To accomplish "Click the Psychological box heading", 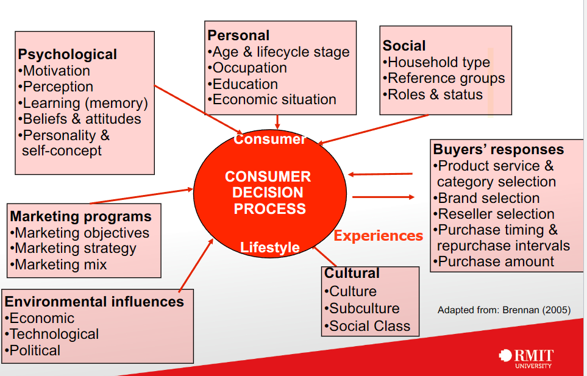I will (67, 54).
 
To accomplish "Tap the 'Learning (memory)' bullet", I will (85, 103).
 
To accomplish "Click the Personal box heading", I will (238, 35).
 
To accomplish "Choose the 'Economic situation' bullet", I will (274, 99).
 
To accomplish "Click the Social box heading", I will (404, 46).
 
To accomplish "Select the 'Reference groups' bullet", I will (446, 78).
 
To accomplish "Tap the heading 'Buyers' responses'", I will (498, 149).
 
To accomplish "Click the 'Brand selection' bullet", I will (488, 198).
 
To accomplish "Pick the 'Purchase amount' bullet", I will (496, 262).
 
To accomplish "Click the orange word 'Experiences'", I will (378, 236).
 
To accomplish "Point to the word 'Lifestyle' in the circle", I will (269, 247).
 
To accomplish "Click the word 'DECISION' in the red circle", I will (268, 193).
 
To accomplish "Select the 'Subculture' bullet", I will (364, 308).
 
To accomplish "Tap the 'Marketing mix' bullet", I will (60, 264).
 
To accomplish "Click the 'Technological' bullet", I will (54, 334).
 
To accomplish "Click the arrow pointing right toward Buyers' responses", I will (383, 197).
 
